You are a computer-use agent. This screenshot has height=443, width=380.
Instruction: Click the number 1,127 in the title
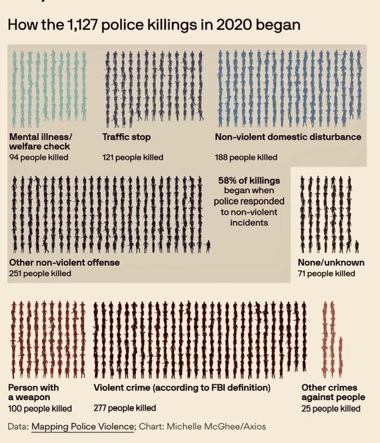(82, 25)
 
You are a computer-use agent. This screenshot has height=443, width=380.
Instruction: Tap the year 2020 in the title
(234, 25)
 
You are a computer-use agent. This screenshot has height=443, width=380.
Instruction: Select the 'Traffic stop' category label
(126, 137)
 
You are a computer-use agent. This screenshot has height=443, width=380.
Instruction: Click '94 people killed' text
(39, 157)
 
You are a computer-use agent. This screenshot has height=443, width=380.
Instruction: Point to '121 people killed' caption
(132, 157)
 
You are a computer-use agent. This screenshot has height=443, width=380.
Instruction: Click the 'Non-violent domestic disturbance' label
(288, 137)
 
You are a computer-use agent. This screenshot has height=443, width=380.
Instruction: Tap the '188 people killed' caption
(246, 157)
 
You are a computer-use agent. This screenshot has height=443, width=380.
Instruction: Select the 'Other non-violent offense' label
(64, 262)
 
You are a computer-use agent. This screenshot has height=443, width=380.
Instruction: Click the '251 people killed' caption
(40, 273)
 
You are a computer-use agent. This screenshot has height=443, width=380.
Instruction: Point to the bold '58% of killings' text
(249, 181)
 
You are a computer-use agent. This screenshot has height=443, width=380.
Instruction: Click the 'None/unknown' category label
(331, 262)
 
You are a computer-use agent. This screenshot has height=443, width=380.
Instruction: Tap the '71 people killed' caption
(326, 273)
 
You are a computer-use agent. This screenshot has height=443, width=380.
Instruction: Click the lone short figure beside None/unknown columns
(357, 246)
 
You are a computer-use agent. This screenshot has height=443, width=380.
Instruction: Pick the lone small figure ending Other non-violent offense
(208, 246)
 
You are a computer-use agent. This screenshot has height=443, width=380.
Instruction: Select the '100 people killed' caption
(40, 408)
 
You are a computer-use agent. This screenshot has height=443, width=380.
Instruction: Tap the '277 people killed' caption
(125, 408)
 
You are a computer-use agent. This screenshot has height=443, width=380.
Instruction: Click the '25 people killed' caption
(331, 408)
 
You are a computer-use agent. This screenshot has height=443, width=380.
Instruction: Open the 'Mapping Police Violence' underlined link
(83, 426)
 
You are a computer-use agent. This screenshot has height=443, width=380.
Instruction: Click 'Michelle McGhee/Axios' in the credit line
(216, 426)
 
